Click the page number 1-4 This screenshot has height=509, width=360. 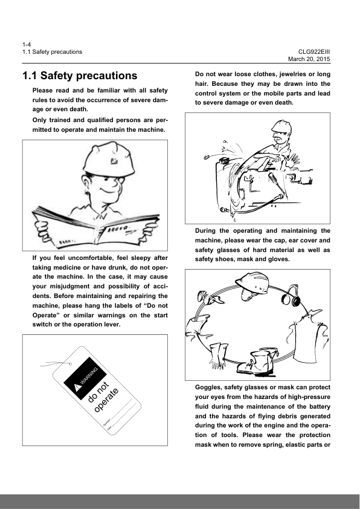(x=27, y=45)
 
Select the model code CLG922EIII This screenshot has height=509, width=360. (x=314, y=52)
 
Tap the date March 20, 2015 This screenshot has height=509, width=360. (x=309, y=59)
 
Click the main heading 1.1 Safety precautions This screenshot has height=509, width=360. (x=80, y=76)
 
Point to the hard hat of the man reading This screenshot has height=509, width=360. (x=109, y=160)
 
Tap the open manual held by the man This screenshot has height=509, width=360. (x=95, y=227)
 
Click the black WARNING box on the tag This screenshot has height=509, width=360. (x=85, y=378)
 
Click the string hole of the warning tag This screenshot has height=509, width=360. (x=70, y=364)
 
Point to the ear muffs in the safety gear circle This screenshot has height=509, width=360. (x=292, y=296)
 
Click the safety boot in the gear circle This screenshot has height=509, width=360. (x=258, y=362)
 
